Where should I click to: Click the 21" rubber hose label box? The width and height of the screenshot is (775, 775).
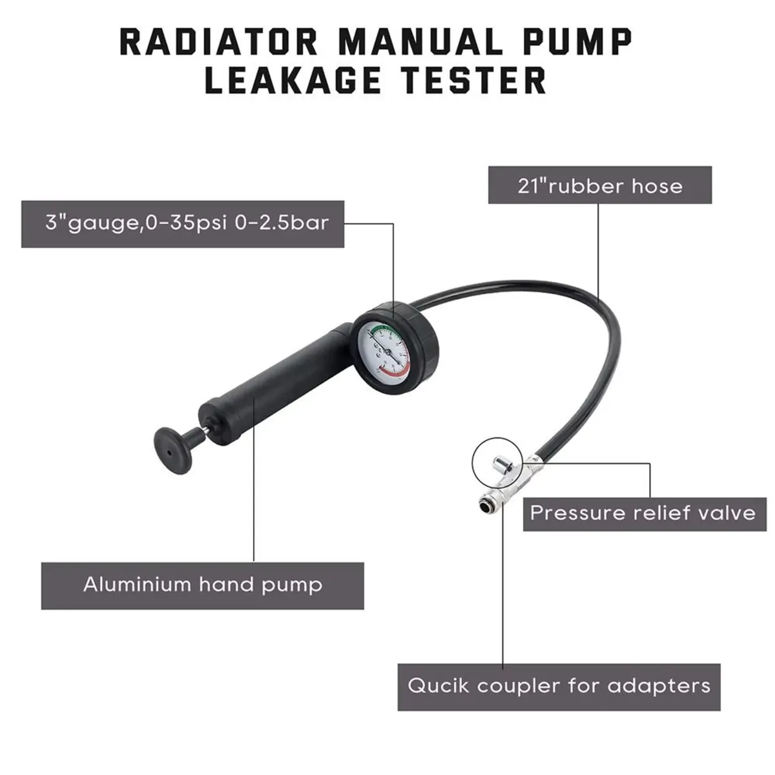point(600,186)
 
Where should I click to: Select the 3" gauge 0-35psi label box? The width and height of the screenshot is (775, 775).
point(183,223)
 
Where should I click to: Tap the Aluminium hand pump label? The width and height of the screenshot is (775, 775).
point(202,585)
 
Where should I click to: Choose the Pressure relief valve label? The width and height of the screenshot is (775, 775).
point(643,513)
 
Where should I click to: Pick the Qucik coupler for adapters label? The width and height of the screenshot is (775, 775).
point(559,686)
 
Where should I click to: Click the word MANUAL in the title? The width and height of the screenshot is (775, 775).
point(420,43)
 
